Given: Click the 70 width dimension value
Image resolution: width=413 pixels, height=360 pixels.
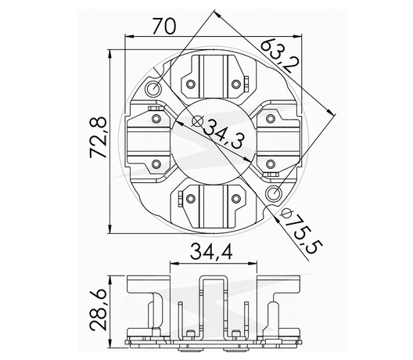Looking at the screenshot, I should point(163,27).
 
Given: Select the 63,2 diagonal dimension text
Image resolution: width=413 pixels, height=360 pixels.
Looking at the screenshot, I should point(278,56).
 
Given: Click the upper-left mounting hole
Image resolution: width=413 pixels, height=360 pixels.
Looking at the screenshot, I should point(153,92).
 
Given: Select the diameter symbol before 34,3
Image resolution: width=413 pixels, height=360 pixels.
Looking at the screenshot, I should point(196,122).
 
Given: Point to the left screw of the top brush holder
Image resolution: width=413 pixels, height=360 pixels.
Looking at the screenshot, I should point(190,83).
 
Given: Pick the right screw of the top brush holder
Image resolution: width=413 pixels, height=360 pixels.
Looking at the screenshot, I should point(236,83).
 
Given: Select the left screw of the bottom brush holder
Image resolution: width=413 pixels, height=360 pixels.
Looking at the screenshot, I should point(190,200).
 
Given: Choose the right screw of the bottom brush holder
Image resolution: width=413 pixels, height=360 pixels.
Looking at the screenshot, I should point(236,200).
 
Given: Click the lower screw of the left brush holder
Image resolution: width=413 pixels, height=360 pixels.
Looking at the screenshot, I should point(156,164).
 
